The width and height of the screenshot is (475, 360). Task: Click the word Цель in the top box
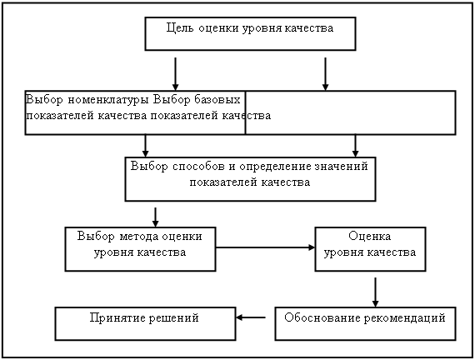point(180,28)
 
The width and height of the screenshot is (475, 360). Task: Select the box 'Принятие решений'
point(145,323)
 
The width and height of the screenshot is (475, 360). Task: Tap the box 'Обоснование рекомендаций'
point(365,323)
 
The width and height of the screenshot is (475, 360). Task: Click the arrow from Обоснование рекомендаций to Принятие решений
point(251,317)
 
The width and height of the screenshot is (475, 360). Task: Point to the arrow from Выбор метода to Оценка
point(265,247)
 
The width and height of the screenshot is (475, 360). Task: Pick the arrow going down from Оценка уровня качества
point(375,292)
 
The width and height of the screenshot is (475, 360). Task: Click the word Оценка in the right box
point(369,236)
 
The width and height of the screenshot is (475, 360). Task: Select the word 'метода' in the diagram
point(138,237)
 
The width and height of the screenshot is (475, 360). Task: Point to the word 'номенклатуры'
point(108,100)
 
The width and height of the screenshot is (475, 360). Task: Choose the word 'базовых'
point(217,99)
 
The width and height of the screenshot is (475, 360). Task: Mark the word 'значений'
point(342,167)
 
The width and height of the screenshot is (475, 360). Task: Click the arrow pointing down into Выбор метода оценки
point(155,217)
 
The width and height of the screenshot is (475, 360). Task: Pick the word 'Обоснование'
point(322,317)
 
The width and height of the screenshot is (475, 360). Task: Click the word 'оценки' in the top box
point(218,28)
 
